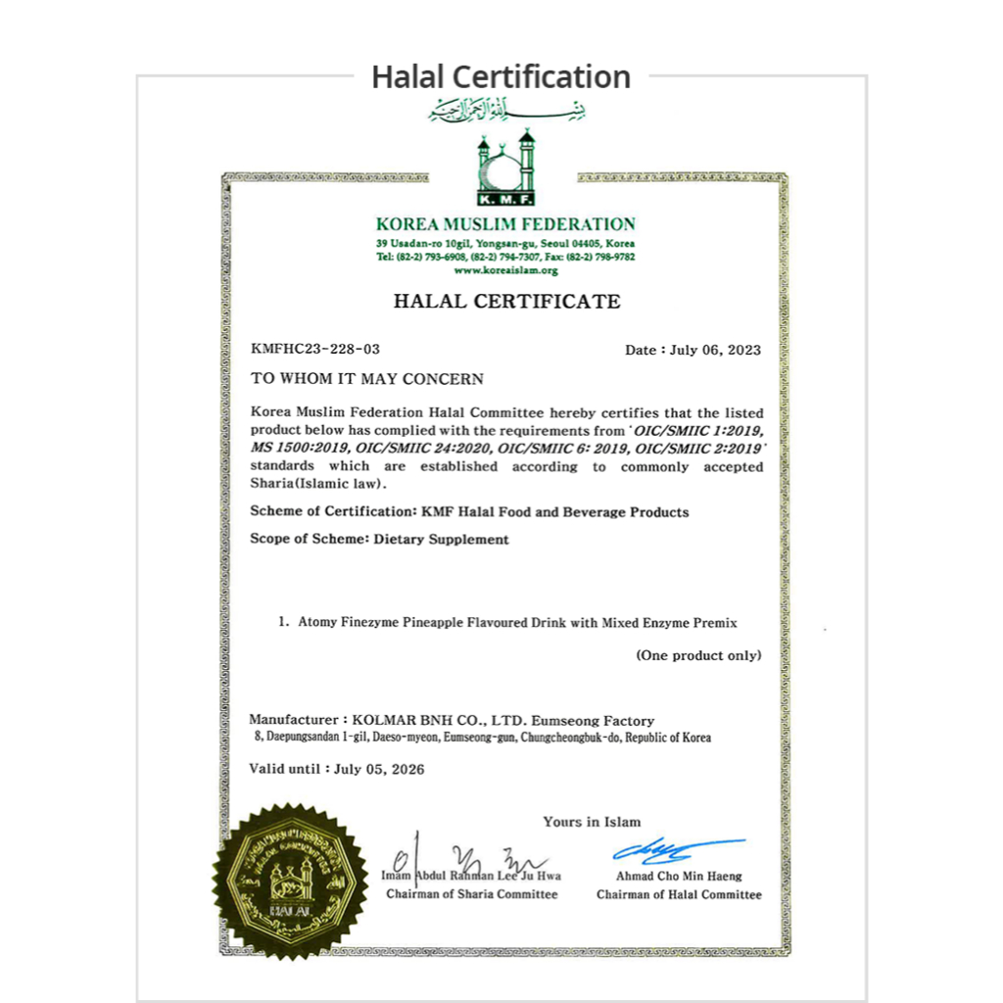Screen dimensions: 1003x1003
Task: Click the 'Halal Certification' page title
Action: (x=501, y=76)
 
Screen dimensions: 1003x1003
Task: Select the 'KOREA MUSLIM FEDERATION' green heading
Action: (x=505, y=224)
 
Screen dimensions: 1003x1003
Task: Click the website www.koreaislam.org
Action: (x=505, y=270)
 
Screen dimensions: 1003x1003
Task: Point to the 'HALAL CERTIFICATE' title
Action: (x=506, y=301)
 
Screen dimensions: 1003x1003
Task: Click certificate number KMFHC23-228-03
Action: (x=315, y=349)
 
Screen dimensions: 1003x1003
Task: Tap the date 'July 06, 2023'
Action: (x=715, y=350)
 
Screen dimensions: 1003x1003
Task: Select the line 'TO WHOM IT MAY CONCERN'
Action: (x=366, y=378)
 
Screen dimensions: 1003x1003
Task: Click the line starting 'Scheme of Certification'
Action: (x=469, y=511)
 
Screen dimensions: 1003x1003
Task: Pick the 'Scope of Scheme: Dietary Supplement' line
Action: (x=379, y=539)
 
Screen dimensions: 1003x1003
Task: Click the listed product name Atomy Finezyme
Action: (x=517, y=622)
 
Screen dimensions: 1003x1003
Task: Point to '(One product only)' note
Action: (x=698, y=655)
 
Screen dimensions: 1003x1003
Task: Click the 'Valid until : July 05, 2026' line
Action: (x=337, y=769)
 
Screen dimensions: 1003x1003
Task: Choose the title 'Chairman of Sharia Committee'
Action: (x=471, y=894)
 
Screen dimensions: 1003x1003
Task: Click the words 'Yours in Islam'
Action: (x=592, y=822)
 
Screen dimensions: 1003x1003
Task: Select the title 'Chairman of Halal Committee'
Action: (x=679, y=894)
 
